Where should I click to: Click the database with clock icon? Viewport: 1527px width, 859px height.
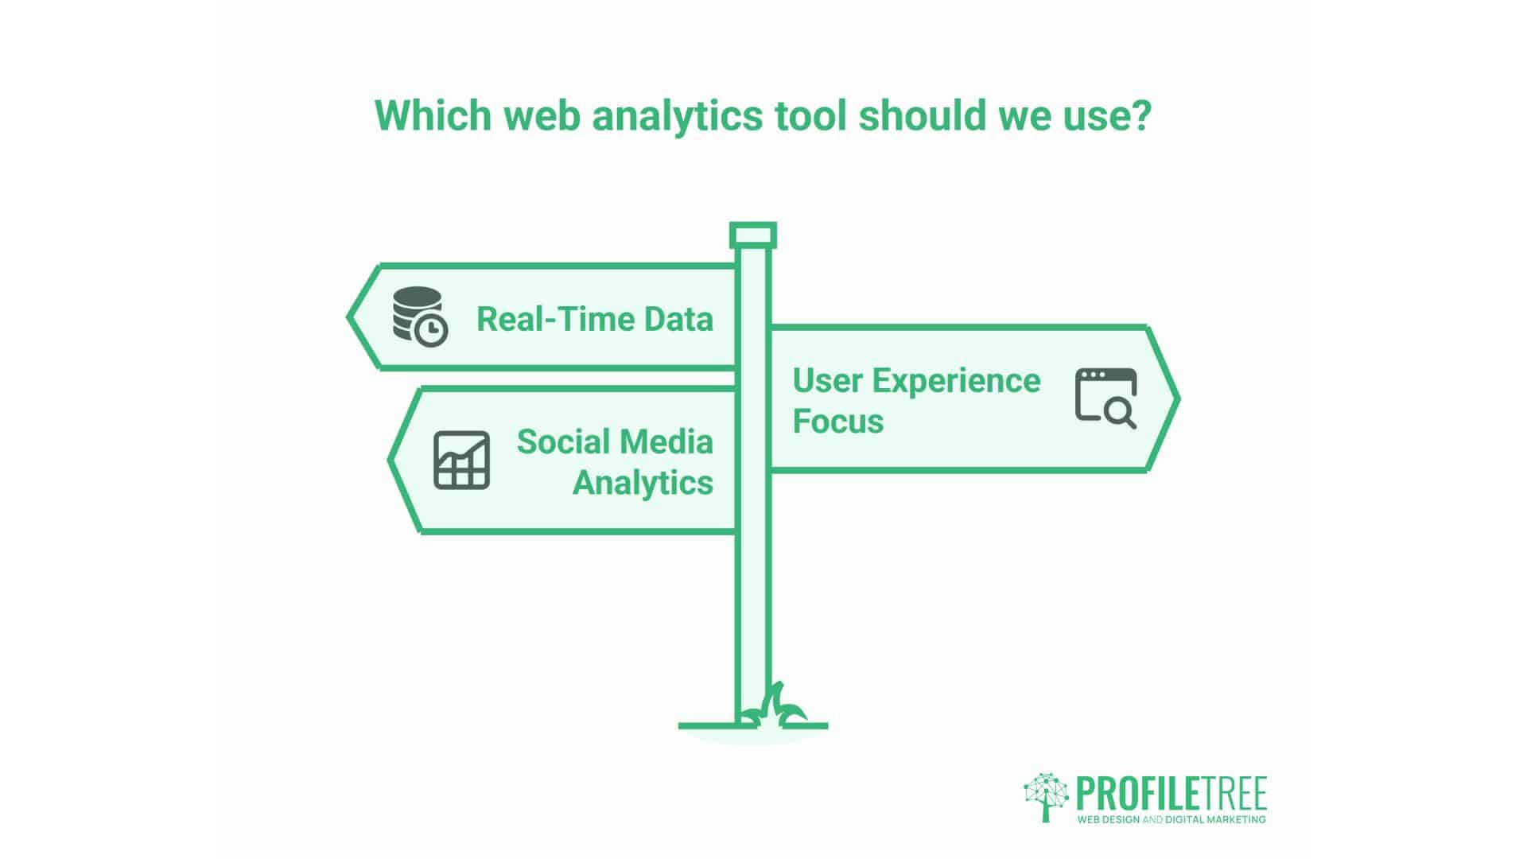[420, 316]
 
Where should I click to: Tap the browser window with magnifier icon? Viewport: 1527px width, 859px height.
[1105, 398]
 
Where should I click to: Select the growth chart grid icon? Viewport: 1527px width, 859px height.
[461, 460]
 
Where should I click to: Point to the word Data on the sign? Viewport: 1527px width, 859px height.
[678, 320]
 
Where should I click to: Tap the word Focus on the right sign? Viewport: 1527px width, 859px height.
[838, 421]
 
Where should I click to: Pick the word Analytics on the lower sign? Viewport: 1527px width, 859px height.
[643, 482]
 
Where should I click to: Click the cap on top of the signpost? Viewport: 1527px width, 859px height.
[752, 235]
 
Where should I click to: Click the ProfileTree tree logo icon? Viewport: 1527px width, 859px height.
[1046, 796]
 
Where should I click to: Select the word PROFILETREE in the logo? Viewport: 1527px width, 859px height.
[1171, 794]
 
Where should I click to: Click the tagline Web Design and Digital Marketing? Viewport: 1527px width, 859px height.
[1171, 819]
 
